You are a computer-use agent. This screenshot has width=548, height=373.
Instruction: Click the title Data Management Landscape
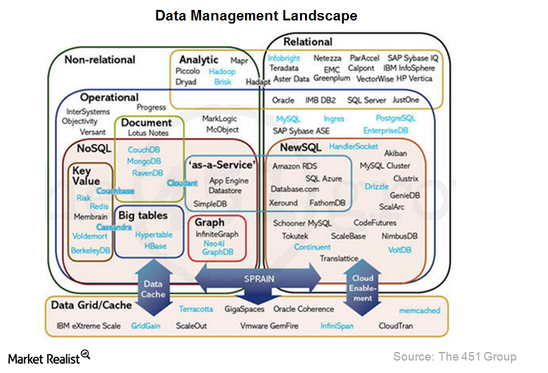pos(256,15)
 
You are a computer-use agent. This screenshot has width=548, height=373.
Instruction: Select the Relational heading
pos(307,42)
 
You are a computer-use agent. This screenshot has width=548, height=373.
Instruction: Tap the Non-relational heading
pos(100,59)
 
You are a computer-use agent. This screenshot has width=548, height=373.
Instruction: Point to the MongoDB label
pos(144,161)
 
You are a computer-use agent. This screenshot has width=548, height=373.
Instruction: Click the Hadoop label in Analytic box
pos(221,72)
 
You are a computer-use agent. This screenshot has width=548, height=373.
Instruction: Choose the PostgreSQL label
pos(396,118)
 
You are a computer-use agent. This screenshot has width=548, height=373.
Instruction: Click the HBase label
pos(155,246)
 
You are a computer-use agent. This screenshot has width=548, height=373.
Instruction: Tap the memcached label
pos(419,310)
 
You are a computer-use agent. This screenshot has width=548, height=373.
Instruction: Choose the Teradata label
pos(284,68)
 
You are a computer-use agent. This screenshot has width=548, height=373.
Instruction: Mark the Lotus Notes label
pos(148,133)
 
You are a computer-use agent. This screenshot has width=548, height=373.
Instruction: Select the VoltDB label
pos(399,250)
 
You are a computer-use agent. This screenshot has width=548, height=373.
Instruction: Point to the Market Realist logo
pos(49,358)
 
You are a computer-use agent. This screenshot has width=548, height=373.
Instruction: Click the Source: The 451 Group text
pos(454,356)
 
